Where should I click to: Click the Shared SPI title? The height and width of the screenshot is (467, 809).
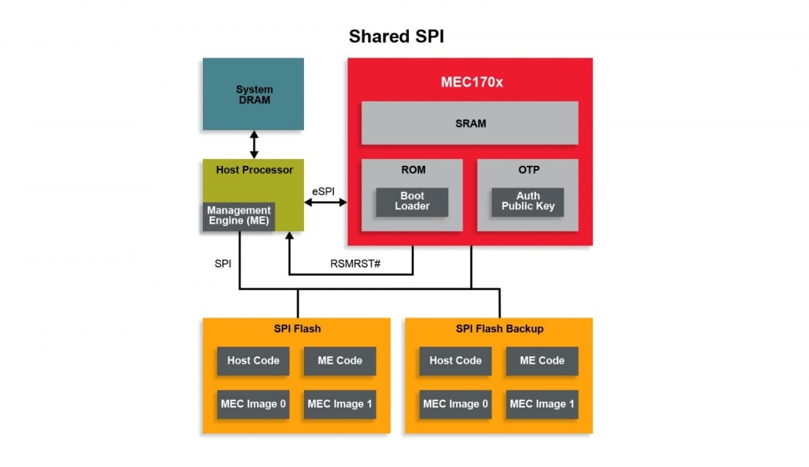click(396, 37)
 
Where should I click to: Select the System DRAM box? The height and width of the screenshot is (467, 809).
click(253, 94)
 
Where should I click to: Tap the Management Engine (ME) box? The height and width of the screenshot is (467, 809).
click(239, 216)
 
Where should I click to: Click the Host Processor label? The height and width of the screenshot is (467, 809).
click(254, 170)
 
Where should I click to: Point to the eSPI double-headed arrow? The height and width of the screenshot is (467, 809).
click(325, 202)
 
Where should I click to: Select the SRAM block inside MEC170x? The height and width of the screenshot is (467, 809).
click(470, 123)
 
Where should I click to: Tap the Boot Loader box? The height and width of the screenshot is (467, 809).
click(412, 201)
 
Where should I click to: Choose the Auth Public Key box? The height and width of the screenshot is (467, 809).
click(528, 201)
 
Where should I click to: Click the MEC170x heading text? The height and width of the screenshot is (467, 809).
click(471, 82)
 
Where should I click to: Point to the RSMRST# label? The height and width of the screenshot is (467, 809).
click(355, 263)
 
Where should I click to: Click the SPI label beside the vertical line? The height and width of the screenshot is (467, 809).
click(223, 263)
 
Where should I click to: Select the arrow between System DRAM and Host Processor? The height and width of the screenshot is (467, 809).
click(254, 144)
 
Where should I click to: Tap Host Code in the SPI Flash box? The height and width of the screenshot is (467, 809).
click(253, 361)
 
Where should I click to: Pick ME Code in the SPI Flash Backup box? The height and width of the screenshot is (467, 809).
click(542, 361)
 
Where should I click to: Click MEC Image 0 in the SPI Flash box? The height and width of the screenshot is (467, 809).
click(253, 404)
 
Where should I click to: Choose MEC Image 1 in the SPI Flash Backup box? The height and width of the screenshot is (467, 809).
click(542, 404)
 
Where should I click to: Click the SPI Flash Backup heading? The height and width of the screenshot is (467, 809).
click(499, 328)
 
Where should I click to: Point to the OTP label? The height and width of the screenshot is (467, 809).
click(528, 170)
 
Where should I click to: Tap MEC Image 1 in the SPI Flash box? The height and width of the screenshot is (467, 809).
click(339, 404)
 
